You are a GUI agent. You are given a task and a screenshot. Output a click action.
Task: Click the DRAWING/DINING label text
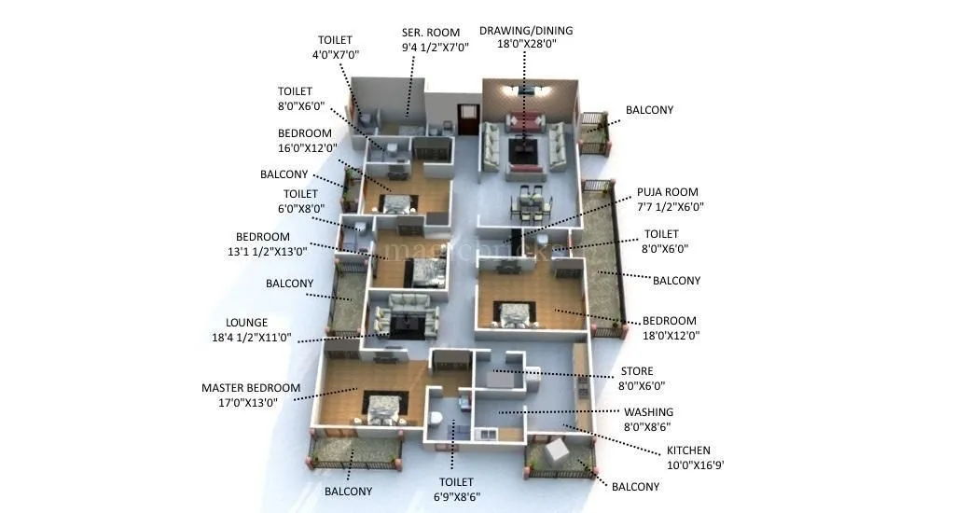click(526, 31)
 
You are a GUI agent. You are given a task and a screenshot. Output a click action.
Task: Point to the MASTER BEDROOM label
click(251, 388)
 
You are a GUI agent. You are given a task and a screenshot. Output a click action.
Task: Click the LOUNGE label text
click(246, 323)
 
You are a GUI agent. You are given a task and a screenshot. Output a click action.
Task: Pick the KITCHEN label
click(687, 451)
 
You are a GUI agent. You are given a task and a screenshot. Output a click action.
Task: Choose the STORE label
click(637, 371)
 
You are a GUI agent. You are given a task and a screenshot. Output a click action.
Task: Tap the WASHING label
click(648, 412)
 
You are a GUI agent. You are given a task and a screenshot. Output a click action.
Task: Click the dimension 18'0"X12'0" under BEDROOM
click(669, 336)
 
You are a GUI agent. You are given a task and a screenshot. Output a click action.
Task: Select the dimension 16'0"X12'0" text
click(308, 147)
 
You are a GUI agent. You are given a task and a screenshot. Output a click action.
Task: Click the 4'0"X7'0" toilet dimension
click(335, 55)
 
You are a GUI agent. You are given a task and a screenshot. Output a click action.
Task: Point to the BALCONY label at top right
click(649, 110)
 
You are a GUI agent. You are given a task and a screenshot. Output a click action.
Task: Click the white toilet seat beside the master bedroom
click(435, 417)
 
